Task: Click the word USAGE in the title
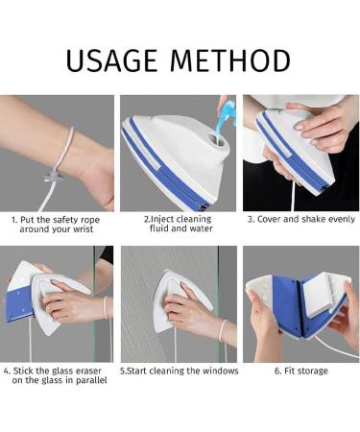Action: (111, 60)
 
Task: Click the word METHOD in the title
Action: (230, 60)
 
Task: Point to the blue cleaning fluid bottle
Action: (228, 115)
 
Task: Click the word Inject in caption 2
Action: (162, 220)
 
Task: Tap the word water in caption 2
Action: (201, 228)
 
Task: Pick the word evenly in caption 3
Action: (342, 220)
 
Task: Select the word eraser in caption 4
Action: (88, 371)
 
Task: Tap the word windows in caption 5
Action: (221, 371)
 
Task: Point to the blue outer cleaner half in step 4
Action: (19, 304)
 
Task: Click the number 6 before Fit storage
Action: (277, 372)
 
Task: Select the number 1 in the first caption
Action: (13, 220)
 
